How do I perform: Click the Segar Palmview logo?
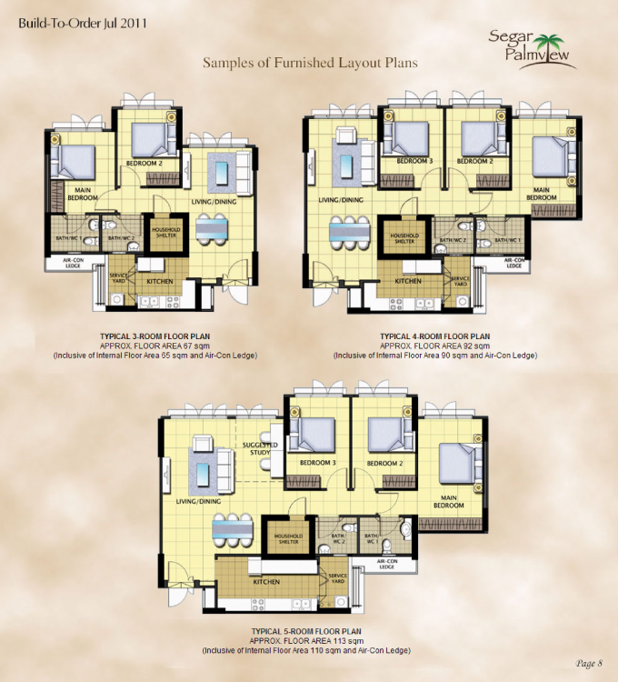click(535, 45)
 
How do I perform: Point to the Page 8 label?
click(589, 662)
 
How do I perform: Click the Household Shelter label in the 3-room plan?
click(167, 233)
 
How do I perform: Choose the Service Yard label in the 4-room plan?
click(459, 281)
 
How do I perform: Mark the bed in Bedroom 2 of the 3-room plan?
click(152, 140)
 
